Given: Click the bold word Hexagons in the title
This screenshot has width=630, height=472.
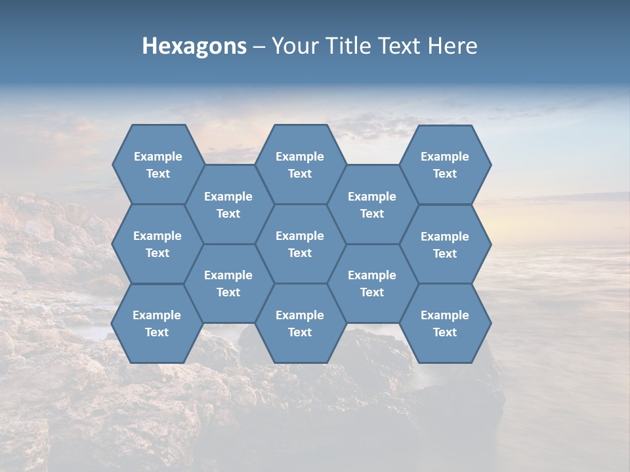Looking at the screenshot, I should pos(194,46).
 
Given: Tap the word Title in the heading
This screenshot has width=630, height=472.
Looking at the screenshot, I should pos(352,46).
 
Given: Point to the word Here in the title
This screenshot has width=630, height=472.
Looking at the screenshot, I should pos(453,46).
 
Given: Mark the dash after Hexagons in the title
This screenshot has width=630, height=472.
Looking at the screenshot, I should pos(259,47).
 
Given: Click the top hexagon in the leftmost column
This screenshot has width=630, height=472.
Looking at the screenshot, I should pos(157,165).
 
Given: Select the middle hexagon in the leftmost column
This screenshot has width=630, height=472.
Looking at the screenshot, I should pos(157,244).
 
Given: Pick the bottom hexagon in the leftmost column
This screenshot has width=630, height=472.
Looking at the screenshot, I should pos(157,323).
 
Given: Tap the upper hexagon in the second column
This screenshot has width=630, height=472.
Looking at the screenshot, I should pos(228,205).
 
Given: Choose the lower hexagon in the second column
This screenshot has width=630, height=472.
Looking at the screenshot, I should pos(228,283).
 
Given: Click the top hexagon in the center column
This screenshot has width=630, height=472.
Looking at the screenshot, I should pos(300,165).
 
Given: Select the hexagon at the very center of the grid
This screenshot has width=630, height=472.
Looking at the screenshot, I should pos(300,244).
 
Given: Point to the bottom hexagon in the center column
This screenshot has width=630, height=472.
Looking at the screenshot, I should pos(300,323).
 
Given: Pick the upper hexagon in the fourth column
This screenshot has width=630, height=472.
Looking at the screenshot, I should pos(372,205).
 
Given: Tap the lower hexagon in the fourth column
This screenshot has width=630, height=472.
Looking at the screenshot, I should pos(372,283).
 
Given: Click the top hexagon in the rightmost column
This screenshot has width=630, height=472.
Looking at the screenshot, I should pos(445,165).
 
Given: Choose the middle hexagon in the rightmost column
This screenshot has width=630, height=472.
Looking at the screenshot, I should pos(445,245).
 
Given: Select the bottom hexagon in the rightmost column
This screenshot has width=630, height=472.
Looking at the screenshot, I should pos(445,323).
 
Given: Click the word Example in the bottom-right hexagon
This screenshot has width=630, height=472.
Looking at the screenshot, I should pos(445,315).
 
